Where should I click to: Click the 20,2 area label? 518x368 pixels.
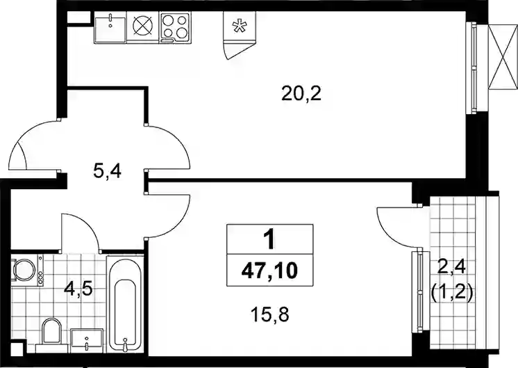301,94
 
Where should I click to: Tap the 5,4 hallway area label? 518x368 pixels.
108,172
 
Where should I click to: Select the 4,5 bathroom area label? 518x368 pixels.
78,290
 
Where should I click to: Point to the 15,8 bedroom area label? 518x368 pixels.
270,314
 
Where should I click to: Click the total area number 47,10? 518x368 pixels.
269,271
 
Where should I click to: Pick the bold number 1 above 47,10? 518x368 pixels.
269,239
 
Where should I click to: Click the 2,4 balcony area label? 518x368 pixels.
451,266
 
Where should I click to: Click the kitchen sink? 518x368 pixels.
110,28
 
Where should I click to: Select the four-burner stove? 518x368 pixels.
175,27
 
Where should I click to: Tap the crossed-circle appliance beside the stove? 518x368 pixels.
143,26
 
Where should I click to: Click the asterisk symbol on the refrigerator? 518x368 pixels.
238,26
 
